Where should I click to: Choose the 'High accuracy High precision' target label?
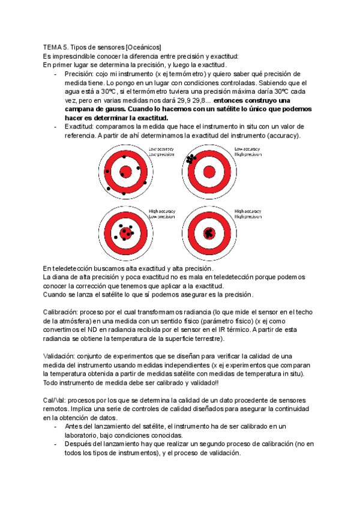[247, 214]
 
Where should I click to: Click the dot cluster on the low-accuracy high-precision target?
[192, 160]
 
